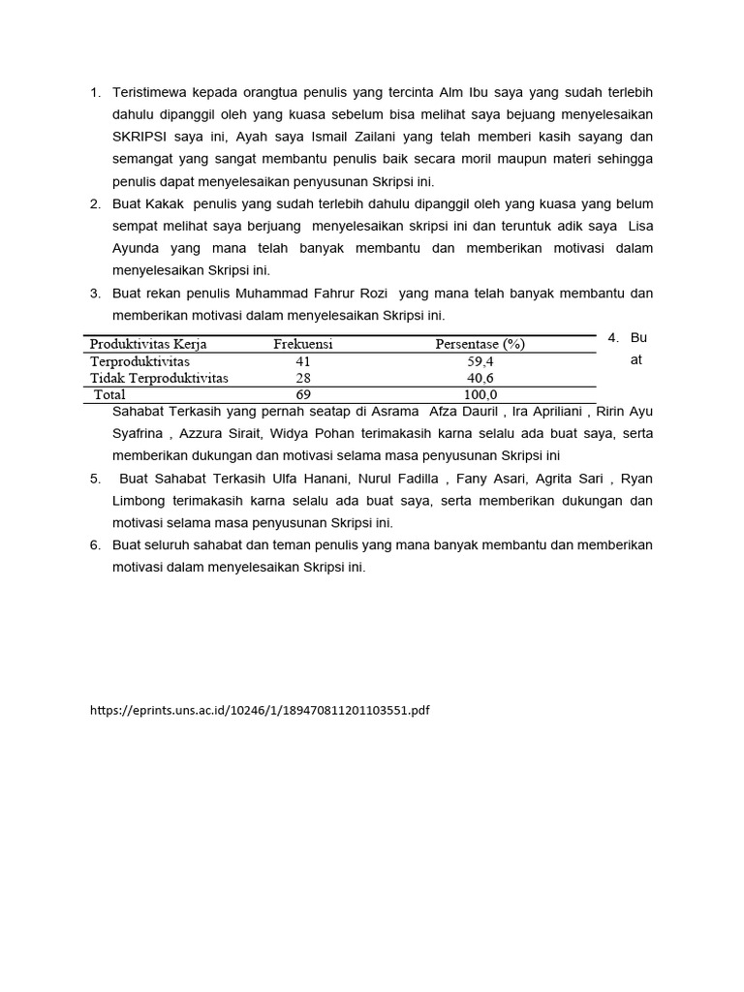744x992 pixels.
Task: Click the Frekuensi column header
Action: click(302, 344)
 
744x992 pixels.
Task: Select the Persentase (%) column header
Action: click(480, 344)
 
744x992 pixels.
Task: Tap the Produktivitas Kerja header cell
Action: click(148, 344)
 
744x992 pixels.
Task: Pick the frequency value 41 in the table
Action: click(303, 361)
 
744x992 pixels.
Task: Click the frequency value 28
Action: click(303, 378)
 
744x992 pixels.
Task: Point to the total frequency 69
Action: click(303, 394)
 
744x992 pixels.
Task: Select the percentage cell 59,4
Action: click(480, 361)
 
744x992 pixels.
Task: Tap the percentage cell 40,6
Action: click(480, 378)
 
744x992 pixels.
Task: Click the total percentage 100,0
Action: click(480, 394)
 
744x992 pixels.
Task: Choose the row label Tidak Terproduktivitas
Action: click(160, 378)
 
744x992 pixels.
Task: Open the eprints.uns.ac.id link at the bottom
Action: click(260, 710)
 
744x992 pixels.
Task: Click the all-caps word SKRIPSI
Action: click(141, 137)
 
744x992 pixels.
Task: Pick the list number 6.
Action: click(96, 544)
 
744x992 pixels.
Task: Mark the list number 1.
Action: click(96, 92)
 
